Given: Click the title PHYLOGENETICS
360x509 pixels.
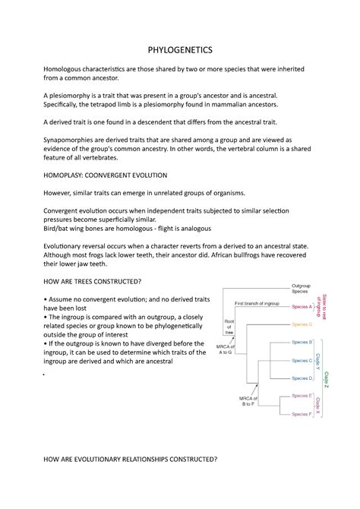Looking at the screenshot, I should click(180, 48).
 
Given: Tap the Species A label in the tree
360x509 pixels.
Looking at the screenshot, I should click(303, 308).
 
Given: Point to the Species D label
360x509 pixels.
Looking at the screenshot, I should click(302, 378).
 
